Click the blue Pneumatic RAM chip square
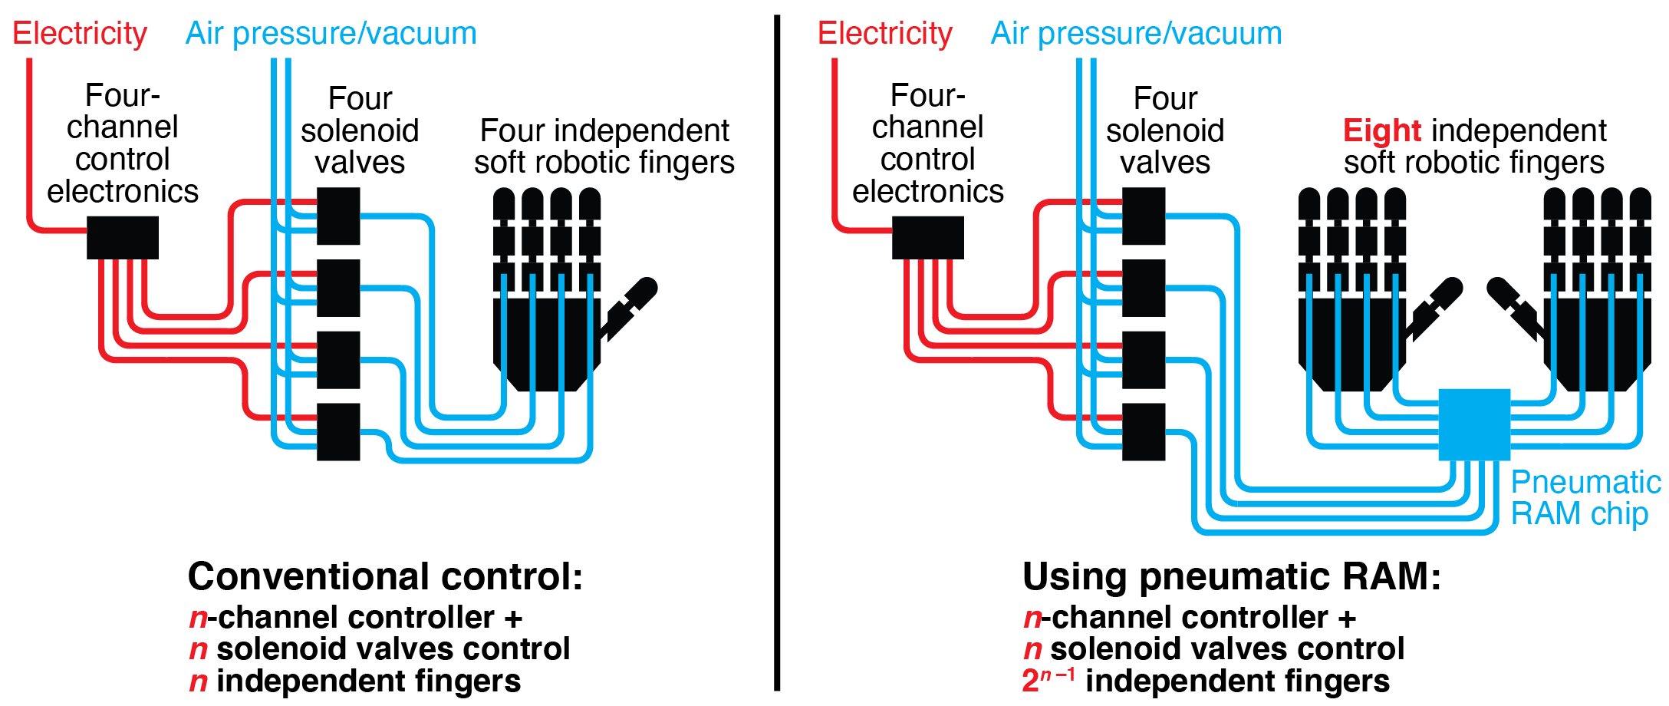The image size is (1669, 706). tap(1474, 425)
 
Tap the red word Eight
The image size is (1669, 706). tap(1382, 130)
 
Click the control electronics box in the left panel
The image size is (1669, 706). tap(123, 237)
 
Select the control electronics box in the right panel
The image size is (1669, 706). tap(928, 237)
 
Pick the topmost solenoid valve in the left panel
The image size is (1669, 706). tap(338, 216)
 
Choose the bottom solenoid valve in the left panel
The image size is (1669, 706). tap(338, 431)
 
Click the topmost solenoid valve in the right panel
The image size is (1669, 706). tap(1144, 216)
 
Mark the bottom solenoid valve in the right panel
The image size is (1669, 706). tap(1144, 431)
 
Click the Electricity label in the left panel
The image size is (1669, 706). tap(80, 34)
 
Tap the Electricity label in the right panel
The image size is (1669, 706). tap(885, 34)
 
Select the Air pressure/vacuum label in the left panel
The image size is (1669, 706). tap(331, 34)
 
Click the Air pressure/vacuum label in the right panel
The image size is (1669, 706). tap(1137, 34)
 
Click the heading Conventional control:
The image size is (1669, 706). tap(385, 576)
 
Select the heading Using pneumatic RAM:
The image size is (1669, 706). tap(1232, 576)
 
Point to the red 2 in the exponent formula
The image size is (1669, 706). tap(1031, 681)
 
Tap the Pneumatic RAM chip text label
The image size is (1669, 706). tap(1585, 497)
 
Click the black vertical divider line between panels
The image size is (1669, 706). tap(777, 353)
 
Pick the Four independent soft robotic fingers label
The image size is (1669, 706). tap(604, 147)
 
